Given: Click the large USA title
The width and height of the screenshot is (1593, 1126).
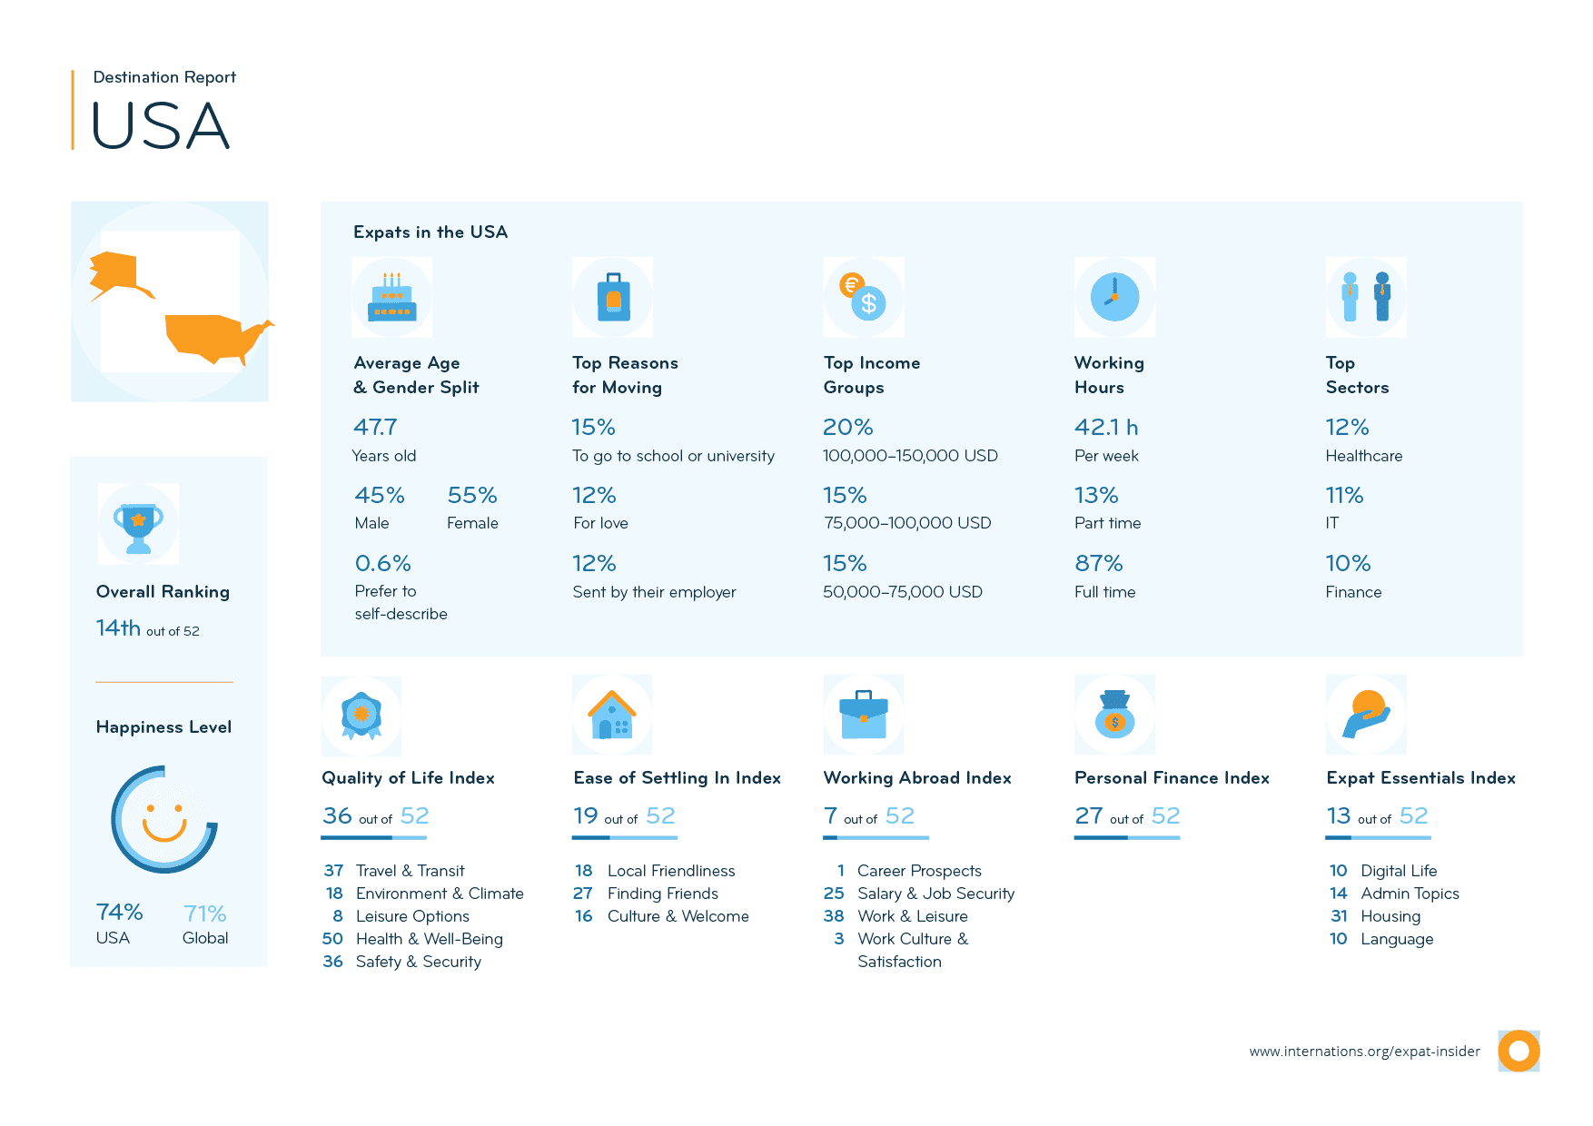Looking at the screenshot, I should click(x=161, y=125).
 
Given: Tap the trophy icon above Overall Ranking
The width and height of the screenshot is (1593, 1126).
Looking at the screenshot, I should click(x=138, y=525).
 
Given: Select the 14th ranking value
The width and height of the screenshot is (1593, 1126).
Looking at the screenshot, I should click(x=118, y=627).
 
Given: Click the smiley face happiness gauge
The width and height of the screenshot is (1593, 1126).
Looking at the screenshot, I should click(x=164, y=819).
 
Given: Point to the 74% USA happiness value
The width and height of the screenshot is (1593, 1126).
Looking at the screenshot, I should click(x=119, y=912).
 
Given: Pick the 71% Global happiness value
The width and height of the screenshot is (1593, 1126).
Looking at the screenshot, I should click(x=204, y=914).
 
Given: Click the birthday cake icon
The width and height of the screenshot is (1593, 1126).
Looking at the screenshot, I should click(x=391, y=298).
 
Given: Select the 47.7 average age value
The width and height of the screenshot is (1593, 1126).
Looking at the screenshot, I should click(x=375, y=427).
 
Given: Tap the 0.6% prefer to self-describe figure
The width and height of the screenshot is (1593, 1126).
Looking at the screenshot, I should click(x=382, y=563).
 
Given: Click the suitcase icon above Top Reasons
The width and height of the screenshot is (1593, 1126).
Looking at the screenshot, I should click(x=613, y=298).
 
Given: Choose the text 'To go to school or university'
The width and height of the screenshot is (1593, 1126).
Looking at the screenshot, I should click(x=673, y=456).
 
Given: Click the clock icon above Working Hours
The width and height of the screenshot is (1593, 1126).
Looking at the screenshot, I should click(x=1114, y=298).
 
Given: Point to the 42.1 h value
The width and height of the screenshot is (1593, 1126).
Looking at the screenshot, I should click(x=1105, y=427).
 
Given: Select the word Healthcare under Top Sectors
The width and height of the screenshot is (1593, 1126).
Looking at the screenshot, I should click(x=1363, y=456).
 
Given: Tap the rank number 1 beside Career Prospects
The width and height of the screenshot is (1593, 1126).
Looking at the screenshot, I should click(x=841, y=871).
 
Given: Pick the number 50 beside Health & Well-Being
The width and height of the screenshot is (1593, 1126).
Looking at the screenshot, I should click(x=332, y=939).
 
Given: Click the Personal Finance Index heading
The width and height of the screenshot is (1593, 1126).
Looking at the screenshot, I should click(x=1172, y=778).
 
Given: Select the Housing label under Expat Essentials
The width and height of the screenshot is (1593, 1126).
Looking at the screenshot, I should click(x=1390, y=916).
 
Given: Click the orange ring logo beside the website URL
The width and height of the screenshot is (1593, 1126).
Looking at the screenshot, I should click(x=1519, y=1051).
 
